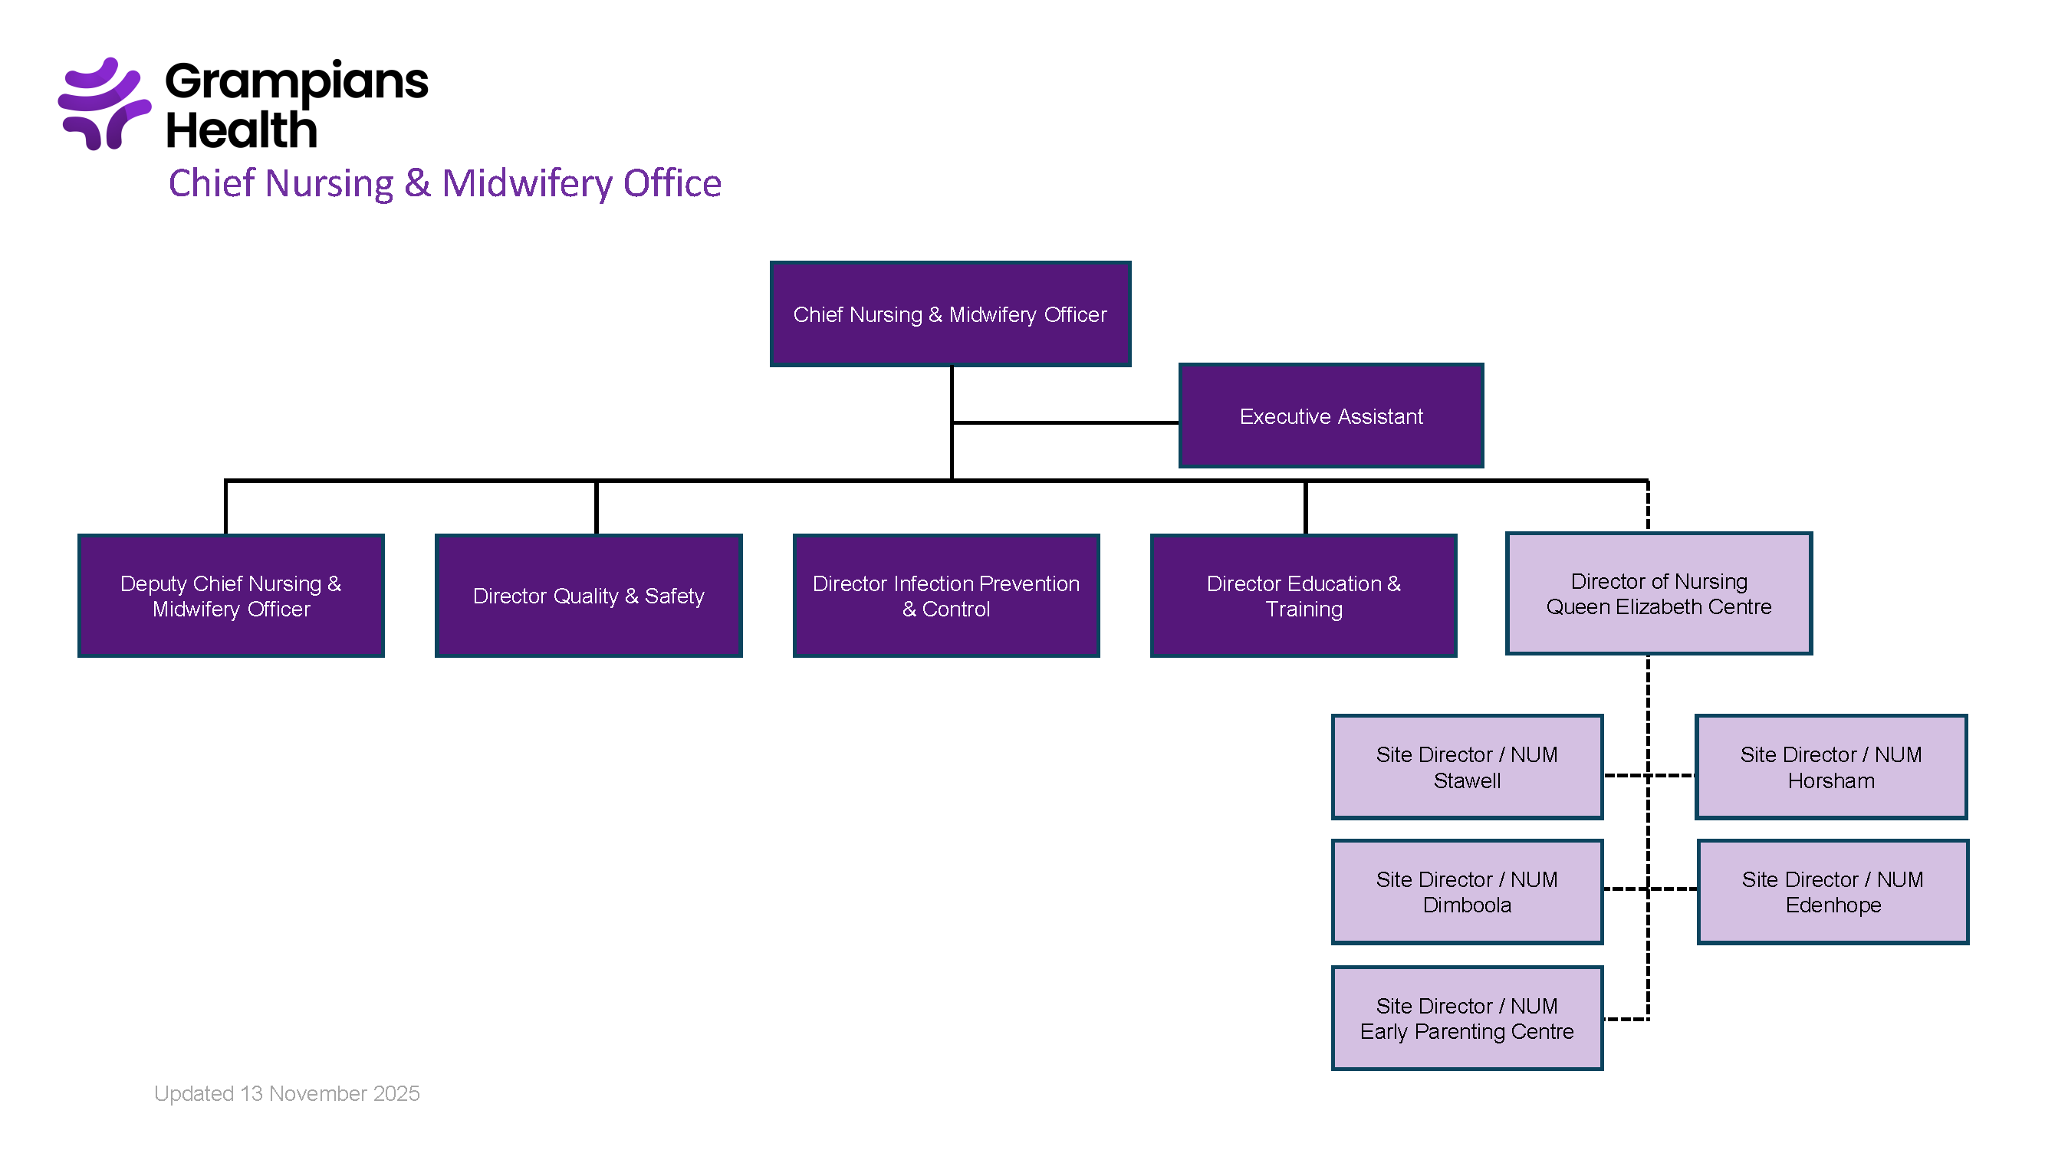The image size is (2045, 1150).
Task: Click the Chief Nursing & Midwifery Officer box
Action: tap(949, 314)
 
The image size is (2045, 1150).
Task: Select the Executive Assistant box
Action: tap(1330, 416)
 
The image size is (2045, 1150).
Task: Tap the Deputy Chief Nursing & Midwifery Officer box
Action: tap(230, 595)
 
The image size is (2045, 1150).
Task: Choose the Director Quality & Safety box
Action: tap(588, 595)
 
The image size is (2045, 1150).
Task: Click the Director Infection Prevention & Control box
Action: tap(945, 595)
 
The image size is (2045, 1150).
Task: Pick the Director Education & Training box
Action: tap(1303, 595)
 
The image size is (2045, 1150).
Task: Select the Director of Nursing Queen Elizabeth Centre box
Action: tap(1659, 593)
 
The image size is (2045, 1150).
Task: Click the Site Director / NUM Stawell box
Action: tap(1466, 767)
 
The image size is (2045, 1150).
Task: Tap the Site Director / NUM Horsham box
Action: tap(1830, 767)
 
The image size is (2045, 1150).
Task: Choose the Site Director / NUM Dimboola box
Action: tap(1466, 892)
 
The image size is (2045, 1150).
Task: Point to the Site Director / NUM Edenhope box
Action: tap(1833, 892)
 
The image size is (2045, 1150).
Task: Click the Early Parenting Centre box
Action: tap(1466, 1018)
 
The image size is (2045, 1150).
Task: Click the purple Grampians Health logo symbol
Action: tap(104, 103)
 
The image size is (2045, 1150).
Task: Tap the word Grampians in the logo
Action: tap(296, 81)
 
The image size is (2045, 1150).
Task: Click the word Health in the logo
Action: tap(242, 131)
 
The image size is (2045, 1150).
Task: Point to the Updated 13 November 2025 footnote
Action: tap(287, 1094)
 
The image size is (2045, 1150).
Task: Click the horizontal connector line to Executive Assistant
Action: tap(1064, 422)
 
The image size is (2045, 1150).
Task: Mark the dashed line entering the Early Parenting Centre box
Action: tap(1624, 1019)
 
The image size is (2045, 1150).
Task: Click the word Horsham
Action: tap(1830, 781)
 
